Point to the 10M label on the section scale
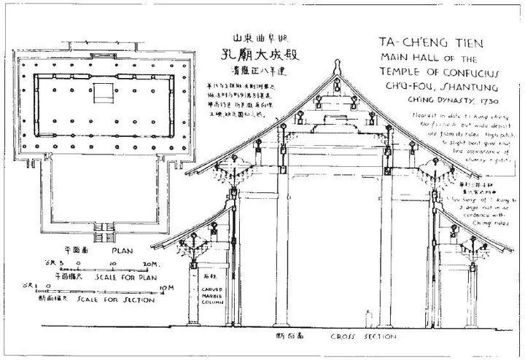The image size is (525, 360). click(x=162, y=286)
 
